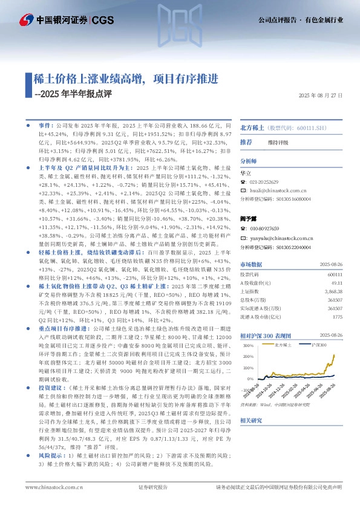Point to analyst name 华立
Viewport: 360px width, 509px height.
point(246,172)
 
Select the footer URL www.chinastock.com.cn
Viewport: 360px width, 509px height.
point(50,487)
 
